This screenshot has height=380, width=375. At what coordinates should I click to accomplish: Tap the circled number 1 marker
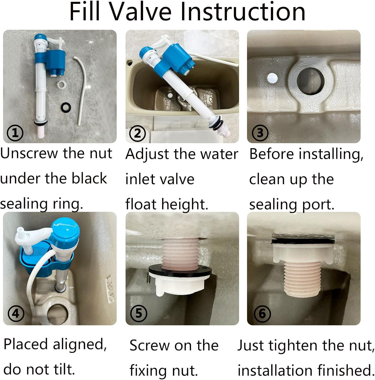pyautogui.click(x=15, y=133)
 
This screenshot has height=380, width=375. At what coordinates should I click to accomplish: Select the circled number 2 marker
pyautogui.click(x=137, y=133)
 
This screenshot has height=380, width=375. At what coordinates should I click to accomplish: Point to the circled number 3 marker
pyautogui.click(x=260, y=133)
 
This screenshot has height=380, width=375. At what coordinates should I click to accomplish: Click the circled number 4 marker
pyautogui.click(x=16, y=314)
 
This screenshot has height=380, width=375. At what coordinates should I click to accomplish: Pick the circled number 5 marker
pyautogui.click(x=139, y=313)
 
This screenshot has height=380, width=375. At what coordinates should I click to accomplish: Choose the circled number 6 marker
pyautogui.click(x=262, y=314)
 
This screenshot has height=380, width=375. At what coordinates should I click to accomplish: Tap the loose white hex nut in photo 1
pyautogui.click(x=61, y=84)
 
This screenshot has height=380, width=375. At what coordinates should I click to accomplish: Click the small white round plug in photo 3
pyautogui.click(x=272, y=78)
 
